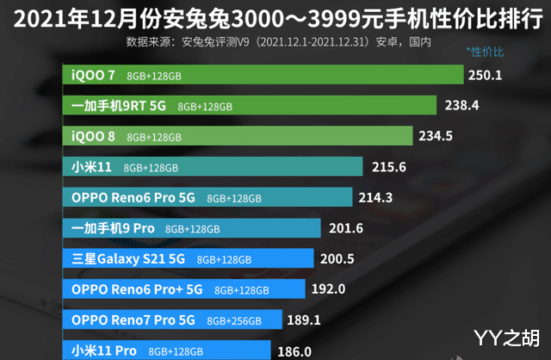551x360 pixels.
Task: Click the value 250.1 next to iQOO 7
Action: coord(485,75)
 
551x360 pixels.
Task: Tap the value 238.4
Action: coord(460,106)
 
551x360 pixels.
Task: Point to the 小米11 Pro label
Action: coord(102,351)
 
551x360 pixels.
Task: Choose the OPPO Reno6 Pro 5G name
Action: coord(133,197)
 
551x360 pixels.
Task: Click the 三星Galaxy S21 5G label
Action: coord(130,258)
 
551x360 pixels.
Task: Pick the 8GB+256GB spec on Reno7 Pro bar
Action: coord(230,320)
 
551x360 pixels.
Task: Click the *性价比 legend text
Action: coord(485,52)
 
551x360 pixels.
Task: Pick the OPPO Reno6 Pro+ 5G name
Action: coord(138,289)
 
